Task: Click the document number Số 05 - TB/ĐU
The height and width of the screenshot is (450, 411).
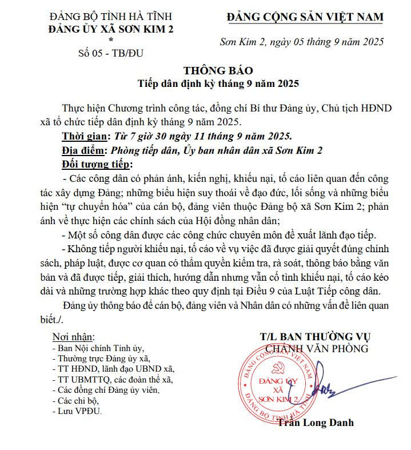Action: (110, 54)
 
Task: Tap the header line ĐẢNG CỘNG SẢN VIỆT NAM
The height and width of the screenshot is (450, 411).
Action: (305, 18)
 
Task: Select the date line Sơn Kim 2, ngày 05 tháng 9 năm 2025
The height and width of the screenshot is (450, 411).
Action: (302, 41)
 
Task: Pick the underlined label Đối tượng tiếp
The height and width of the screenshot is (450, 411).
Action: (97, 165)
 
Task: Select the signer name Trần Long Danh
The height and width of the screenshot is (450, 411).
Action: (316, 423)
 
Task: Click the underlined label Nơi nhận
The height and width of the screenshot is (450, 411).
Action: (74, 336)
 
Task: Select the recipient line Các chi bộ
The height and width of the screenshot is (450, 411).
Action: (79, 400)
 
